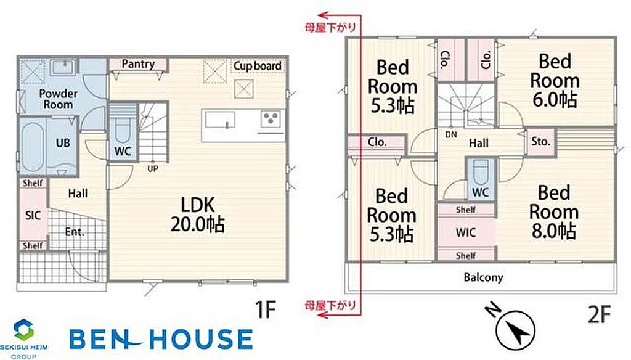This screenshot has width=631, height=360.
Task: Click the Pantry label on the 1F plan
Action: point(138,64)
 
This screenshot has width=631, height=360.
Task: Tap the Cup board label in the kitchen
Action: point(258,65)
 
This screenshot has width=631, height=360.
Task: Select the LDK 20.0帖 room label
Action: point(198,215)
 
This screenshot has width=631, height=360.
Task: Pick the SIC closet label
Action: point(33,215)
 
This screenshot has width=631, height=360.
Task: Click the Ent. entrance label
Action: point(75,232)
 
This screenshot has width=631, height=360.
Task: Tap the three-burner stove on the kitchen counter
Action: point(270,119)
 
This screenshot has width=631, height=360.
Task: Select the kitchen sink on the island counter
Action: point(220,120)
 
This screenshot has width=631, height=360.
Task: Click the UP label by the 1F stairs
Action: point(153,169)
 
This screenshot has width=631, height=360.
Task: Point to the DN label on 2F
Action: point(451,134)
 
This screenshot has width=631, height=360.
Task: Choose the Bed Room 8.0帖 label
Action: point(553,212)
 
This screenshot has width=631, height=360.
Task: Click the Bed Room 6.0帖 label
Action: point(555,81)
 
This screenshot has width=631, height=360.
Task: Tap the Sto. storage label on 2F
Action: point(540,141)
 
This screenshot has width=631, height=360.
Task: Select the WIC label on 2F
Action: point(466,232)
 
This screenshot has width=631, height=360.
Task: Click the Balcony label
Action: point(483,277)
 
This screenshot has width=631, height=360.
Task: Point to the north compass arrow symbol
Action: point(516,330)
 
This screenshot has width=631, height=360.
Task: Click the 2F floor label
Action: point(599,314)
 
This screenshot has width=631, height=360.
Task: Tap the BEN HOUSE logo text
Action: point(161,338)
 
